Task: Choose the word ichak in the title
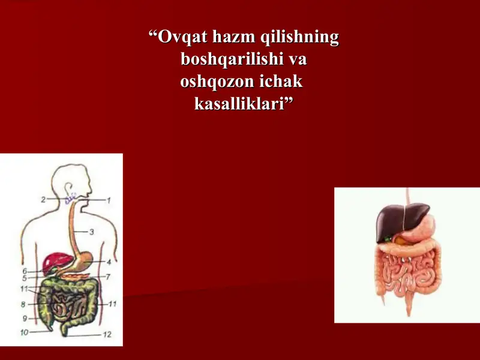[x=281, y=82]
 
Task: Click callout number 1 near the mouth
[x=110, y=199]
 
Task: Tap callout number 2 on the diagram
[x=43, y=199]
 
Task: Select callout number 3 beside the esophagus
[x=92, y=232]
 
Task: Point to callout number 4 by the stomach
[x=109, y=262]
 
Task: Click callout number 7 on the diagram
[x=108, y=277]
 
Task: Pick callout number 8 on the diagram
[x=23, y=304]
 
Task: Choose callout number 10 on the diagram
[x=24, y=332]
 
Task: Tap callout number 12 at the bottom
[x=107, y=334]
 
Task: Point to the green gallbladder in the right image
[x=387, y=239]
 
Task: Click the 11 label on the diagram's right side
[x=112, y=304]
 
